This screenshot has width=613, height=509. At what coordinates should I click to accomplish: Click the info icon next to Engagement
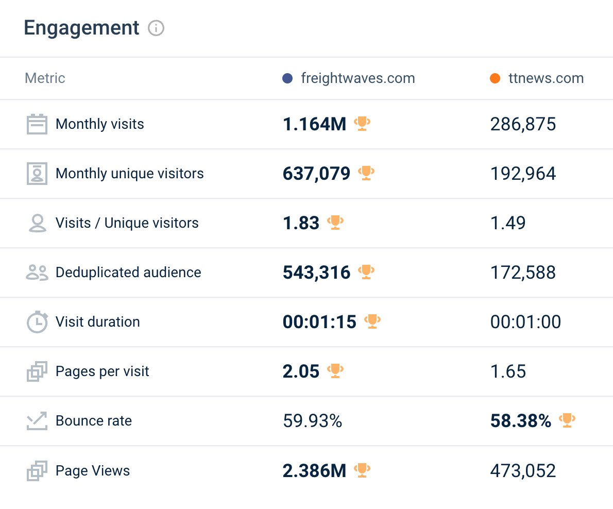point(156,28)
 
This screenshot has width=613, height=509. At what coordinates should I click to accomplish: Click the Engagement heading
point(81,28)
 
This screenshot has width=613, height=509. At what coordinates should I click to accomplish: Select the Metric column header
point(45,78)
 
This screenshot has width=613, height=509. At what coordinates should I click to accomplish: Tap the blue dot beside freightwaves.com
point(287,79)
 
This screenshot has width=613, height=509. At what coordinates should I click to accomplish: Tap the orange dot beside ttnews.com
point(495,79)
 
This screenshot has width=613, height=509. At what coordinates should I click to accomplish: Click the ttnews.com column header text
point(546,78)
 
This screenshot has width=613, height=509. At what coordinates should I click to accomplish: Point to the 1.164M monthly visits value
point(315,124)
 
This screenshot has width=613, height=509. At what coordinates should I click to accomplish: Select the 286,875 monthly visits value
point(523,124)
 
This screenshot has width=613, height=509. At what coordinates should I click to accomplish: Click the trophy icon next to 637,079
point(366,173)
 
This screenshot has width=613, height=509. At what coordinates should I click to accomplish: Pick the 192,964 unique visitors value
point(523,174)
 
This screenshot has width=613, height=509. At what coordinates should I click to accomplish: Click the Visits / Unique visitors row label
point(127,223)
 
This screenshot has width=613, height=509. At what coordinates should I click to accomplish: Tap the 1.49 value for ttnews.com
point(508,223)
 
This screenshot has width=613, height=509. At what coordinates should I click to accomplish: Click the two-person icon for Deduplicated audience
point(37,273)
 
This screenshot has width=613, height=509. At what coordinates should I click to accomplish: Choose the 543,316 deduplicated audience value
point(317,273)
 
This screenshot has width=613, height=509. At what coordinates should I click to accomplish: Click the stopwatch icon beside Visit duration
point(37,322)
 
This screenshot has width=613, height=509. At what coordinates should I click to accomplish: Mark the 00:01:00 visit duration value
point(526,322)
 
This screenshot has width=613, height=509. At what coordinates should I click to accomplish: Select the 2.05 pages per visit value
point(301,371)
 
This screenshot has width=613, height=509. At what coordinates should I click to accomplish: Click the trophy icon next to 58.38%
point(567,420)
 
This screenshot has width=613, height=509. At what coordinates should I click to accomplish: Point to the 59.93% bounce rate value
point(313,421)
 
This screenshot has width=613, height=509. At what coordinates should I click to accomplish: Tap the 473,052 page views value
point(523,471)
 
